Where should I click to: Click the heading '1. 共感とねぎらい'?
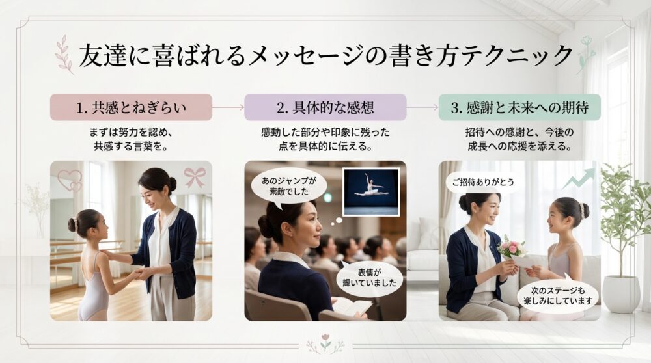coord(131,107)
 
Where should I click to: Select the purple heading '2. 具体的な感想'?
coord(325,107)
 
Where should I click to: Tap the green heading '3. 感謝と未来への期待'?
coord(519,107)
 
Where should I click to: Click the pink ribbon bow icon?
coord(194,176)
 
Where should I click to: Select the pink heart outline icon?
coord(70,179)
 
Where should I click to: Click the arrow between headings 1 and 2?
coord(228,107)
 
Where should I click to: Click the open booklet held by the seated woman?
coord(352,306)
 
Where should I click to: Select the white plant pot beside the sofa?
coord(620,293)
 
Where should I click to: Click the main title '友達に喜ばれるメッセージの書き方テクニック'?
coord(325,56)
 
